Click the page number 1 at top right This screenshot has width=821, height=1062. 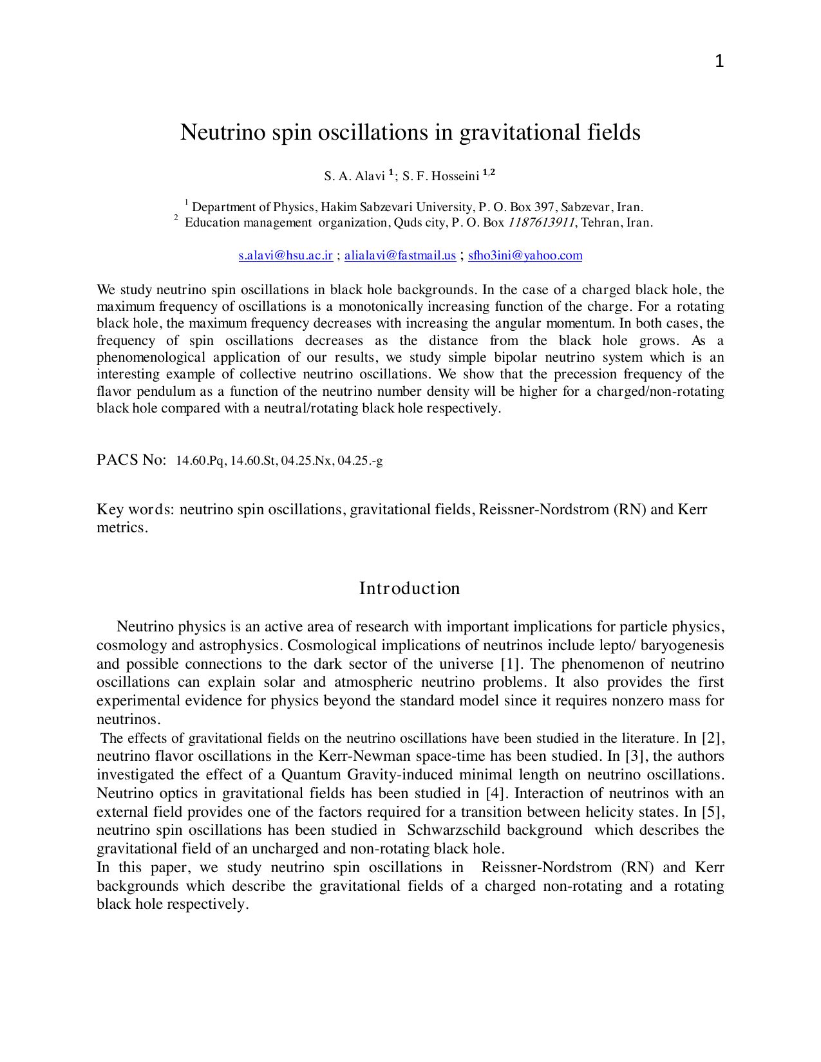[x=719, y=62]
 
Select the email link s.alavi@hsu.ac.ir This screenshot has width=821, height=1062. [x=285, y=256]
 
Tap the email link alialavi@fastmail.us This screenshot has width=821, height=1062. [x=400, y=256]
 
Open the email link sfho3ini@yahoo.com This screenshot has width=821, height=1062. [x=525, y=256]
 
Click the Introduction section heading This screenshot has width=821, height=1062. [x=410, y=588]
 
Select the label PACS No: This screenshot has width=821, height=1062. [x=131, y=460]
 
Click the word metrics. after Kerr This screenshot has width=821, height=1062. [x=122, y=528]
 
